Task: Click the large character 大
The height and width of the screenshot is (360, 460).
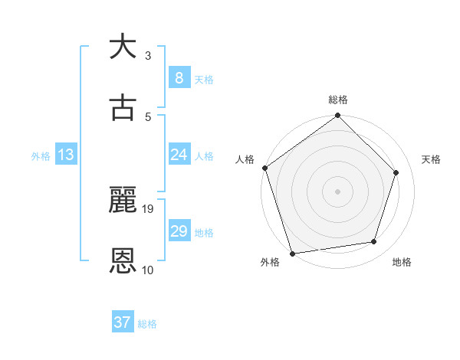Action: pos(123,47)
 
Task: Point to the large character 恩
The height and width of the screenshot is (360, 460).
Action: pos(123,261)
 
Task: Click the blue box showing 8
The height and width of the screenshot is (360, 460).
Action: pos(179,77)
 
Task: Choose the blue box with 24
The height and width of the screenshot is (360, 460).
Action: pos(179,155)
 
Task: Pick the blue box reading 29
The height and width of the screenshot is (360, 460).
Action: pos(179,231)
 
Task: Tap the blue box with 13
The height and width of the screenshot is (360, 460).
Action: pos(65,155)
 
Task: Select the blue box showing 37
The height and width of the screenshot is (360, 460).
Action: pos(122,322)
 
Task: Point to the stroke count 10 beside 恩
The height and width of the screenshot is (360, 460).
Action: pos(148,270)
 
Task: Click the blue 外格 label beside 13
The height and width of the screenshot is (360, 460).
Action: pos(41,155)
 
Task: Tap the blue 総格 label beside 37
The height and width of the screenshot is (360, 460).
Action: pos(147,324)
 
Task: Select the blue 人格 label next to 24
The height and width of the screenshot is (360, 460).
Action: pos(204,155)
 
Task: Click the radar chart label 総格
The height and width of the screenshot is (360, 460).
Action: pos(338,100)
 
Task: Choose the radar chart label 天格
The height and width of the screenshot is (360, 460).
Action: pos(431,159)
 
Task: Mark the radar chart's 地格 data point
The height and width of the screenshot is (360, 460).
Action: pos(374,242)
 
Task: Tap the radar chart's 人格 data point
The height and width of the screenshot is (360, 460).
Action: pos(264,168)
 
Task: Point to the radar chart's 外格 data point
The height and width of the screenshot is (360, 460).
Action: pos(292,253)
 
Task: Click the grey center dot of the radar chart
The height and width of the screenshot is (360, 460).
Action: pos(337,191)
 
